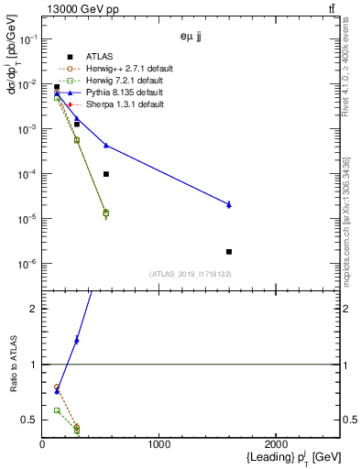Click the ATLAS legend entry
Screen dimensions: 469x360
click(100, 57)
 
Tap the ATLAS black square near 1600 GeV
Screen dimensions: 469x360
click(229, 251)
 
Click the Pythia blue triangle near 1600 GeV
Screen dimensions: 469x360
click(229, 204)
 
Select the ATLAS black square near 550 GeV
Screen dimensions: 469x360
click(106, 174)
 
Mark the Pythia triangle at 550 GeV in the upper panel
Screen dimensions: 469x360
click(106, 145)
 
